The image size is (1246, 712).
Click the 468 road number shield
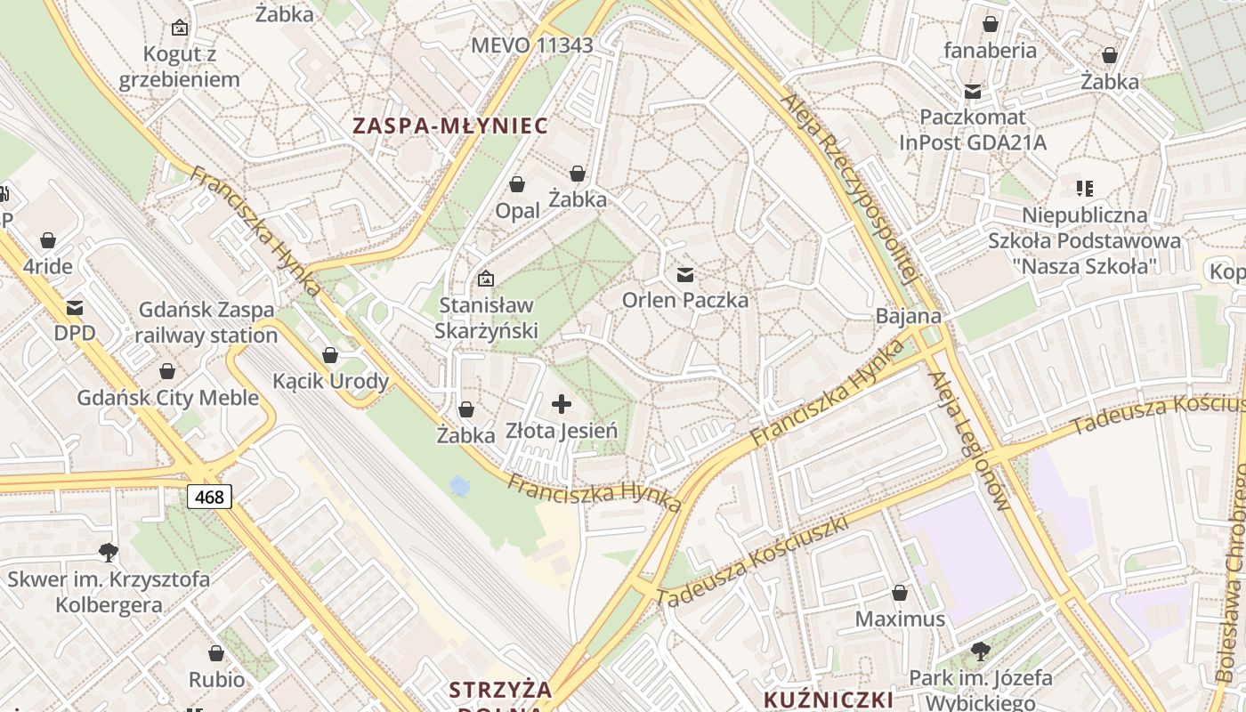(210, 497)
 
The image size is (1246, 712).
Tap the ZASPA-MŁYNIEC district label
(450, 125)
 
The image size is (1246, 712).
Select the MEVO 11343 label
(532, 45)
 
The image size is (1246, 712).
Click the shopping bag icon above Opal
(517, 184)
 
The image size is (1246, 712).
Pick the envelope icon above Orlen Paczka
(685, 275)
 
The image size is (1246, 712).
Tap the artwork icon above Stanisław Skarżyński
(486, 279)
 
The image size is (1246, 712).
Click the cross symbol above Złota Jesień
(562, 405)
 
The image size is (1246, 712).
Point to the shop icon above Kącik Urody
(330, 355)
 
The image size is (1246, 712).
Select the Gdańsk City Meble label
(167, 397)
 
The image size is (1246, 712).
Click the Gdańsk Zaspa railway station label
(206, 322)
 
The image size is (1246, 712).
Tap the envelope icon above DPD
(75, 308)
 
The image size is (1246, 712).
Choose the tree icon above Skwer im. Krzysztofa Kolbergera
(109, 553)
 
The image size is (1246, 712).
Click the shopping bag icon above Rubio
(216, 654)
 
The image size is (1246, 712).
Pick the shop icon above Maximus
(900, 593)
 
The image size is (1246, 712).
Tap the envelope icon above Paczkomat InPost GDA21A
(973, 91)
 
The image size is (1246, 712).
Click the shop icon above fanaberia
(990, 24)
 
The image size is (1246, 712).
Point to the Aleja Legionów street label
(968, 441)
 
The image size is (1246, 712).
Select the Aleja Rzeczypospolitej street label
(848, 188)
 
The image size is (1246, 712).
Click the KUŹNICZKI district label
(829, 698)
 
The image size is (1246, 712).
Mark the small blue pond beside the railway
(459, 486)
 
